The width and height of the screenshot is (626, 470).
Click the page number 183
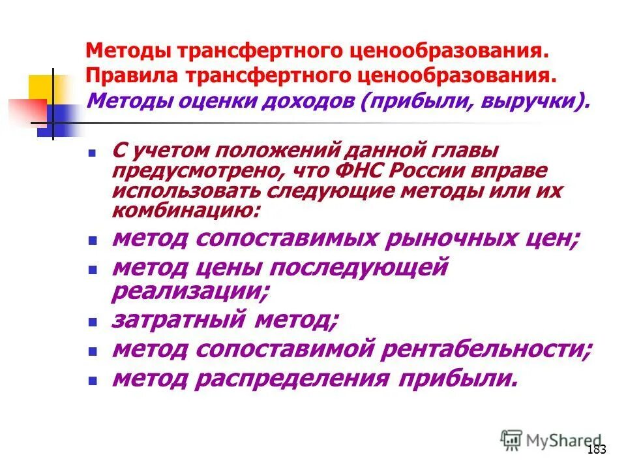(597, 449)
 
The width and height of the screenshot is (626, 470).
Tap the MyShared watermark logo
(551, 441)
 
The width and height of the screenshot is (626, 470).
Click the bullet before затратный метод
(93, 322)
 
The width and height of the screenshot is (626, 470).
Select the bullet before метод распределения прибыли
(93, 380)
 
